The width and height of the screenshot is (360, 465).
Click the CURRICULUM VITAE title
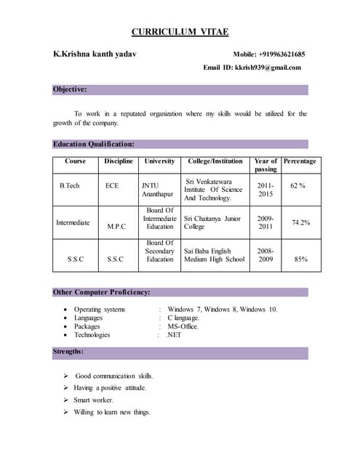(180, 31)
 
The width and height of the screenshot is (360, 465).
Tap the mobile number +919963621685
(269, 54)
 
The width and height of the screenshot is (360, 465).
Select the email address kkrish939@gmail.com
(267, 68)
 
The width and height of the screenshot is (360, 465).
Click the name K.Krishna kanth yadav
(95, 54)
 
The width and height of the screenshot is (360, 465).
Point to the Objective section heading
(70, 89)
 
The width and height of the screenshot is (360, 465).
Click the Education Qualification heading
(94, 144)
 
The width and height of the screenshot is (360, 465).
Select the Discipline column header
(119, 161)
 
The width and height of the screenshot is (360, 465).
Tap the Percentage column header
(300, 161)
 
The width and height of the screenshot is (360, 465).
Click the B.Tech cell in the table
(70, 185)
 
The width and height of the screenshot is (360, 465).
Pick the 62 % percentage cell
(297, 185)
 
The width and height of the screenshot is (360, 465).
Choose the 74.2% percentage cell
(300, 222)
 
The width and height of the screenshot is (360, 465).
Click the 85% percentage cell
(300, 259)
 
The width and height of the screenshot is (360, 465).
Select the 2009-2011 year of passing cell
(265, 222)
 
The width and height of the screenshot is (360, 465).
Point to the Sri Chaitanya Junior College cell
(212, 222)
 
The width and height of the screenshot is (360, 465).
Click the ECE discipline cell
(112, 185)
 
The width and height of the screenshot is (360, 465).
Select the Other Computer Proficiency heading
(102, 292)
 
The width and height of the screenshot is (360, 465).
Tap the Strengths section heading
(68, 352)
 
